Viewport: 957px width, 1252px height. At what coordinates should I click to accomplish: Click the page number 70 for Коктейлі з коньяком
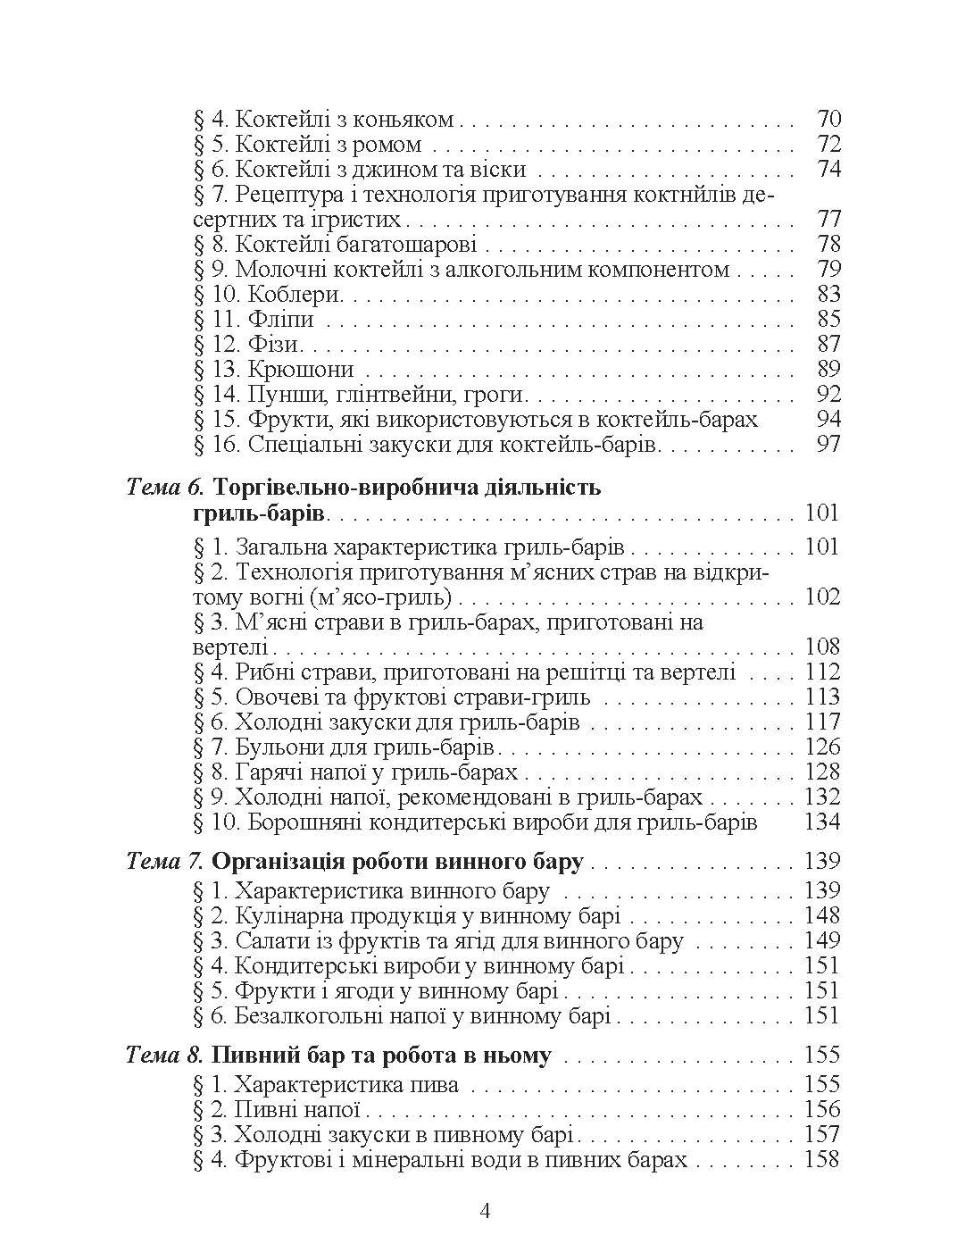click(828, 119)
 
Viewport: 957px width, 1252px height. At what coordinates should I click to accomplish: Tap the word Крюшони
click(302, 369)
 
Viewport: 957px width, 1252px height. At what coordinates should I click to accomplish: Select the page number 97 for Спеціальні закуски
click(828, 444)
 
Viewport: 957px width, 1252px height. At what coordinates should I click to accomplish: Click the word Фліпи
click(281, 319)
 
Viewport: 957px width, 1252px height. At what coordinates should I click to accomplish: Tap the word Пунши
click(278, 394)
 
